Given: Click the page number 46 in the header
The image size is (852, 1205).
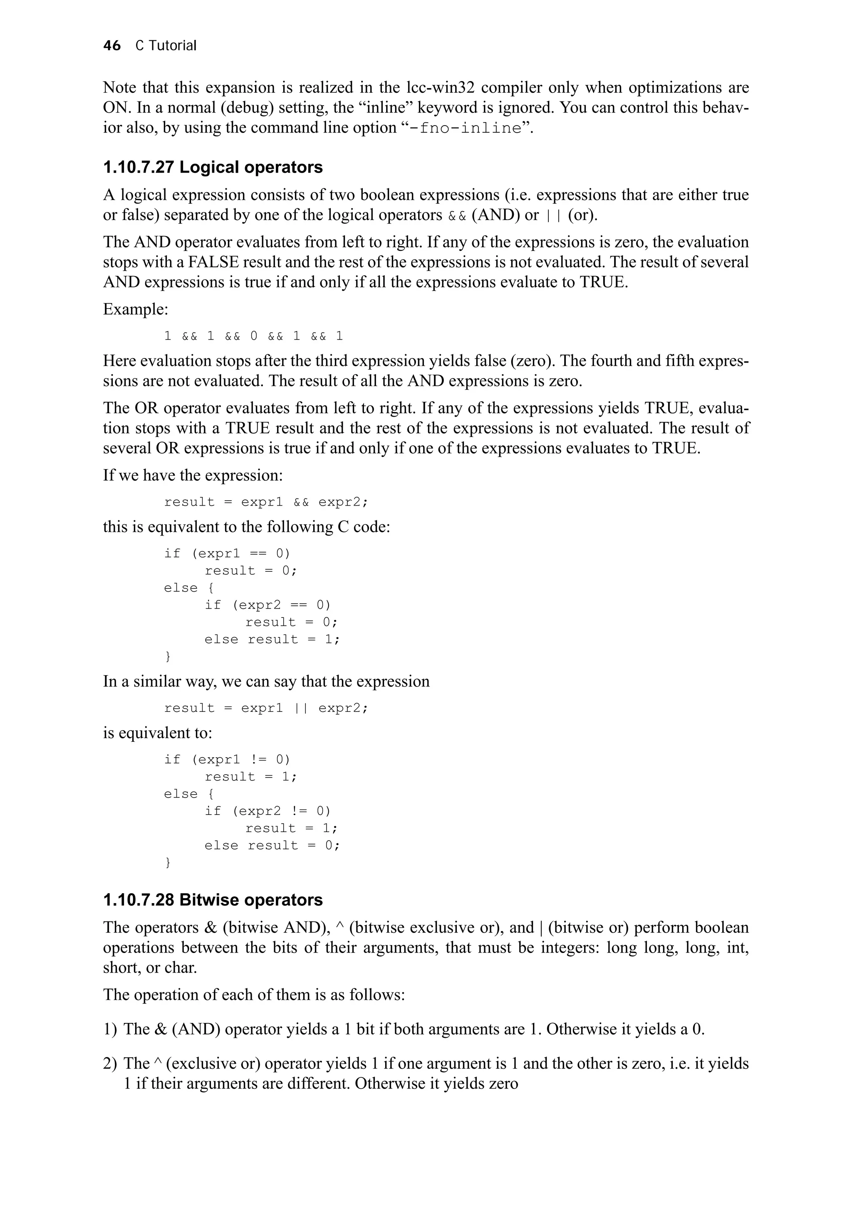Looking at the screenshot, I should click(112, 46).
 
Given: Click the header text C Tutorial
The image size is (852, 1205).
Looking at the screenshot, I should click(166, 46).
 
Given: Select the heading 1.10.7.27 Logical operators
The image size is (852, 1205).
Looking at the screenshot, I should click(213, 168).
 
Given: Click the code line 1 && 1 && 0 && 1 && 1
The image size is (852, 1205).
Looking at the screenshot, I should click(253, 336).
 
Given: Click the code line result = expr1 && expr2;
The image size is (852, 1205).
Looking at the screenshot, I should click(266, 502).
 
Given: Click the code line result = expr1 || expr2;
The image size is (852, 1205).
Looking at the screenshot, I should click(266, 708).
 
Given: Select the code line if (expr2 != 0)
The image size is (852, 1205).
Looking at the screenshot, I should click(268, 811).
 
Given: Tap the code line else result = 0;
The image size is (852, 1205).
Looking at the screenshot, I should click(272, 845).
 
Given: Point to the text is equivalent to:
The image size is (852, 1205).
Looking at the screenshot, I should click(158, 733).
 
